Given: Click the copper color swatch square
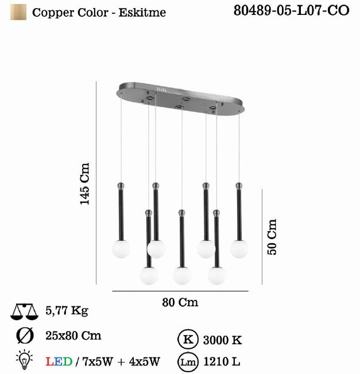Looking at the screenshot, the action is pos(18,12).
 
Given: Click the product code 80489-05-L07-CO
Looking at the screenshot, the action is pos(291,11).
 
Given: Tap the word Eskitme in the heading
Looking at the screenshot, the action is pos(142,13).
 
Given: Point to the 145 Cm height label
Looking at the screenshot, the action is pos(84,184).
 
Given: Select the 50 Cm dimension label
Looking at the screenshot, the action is pos(272,237).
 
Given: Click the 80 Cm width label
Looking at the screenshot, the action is pos(180,302).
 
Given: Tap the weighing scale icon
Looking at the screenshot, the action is pos(24,311).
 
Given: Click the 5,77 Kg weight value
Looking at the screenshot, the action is pos(67,311).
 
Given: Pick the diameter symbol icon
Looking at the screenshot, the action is pos(25,336).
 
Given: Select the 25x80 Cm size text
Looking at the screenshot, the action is pos(73,336).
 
